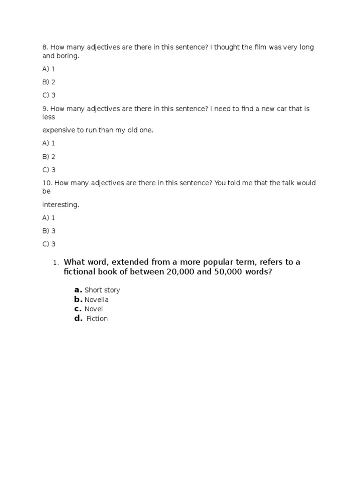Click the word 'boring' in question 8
(67, 56)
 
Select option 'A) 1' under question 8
(49, 69)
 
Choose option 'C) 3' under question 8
(49, 95)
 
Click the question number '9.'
(45, 109)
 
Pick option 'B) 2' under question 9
(49, 157)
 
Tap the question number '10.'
(47, 183)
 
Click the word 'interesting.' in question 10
(61, 204)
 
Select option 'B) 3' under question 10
(49, 231)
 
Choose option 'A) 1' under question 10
(49, 217)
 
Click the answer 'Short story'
(102, 290)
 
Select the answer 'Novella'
(97, 300)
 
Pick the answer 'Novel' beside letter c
(94, 309)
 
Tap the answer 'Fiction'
(97, 319)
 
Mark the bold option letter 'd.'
(78, 319)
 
